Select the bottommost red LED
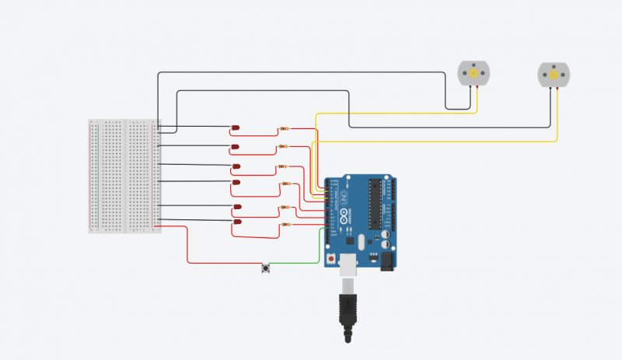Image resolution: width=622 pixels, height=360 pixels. point(236,222)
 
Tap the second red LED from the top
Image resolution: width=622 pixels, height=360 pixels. point(236,147)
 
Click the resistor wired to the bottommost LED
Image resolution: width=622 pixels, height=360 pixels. point(285,225)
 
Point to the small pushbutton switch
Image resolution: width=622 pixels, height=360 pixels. point(267,269)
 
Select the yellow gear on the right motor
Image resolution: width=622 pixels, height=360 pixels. point(554,75)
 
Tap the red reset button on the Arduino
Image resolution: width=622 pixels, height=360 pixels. point(333,257)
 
